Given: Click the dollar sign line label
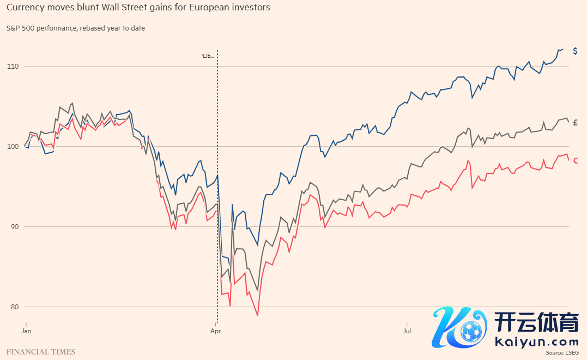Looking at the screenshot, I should point(575,51).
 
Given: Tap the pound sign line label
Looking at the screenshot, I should point(576,122).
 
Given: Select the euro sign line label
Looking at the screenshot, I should point(576,160).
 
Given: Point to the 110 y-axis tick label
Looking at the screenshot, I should point(13,67).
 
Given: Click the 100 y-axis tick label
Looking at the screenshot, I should point(13,147).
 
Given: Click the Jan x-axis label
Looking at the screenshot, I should point(26,331).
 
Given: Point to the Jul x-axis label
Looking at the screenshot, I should point(407,331).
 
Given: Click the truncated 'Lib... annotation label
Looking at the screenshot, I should point(208,56).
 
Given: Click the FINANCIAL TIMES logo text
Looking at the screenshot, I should point(41,352).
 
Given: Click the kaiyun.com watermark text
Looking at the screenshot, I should point(537,342).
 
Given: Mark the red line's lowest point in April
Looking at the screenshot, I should point(257,315).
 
